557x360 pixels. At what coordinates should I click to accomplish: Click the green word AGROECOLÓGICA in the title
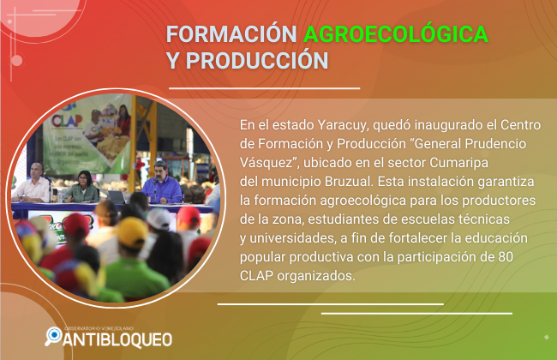[396, 33]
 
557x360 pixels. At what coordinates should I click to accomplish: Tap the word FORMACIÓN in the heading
[231, 34]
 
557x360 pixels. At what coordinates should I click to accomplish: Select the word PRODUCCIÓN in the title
[257, 60]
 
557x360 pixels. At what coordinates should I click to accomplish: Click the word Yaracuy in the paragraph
[343, 125]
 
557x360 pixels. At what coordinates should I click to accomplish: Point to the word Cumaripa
[459, 163]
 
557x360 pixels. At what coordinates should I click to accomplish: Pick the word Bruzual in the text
[349, 182]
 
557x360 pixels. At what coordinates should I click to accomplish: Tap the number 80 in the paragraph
[505, 257]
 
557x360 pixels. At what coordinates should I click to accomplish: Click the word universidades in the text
[292, 238]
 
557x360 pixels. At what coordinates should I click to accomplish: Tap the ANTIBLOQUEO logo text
[117, 339]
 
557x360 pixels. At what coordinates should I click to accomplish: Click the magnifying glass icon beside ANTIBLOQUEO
[53, 336]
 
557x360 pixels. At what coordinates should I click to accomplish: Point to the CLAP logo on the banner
[67, 121]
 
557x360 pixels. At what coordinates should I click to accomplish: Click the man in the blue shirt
[162, 184]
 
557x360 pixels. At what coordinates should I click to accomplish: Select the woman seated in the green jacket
[82, 187]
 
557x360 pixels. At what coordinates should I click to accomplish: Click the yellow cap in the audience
[131, 232]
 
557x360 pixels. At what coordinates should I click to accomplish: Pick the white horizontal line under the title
[264, 88]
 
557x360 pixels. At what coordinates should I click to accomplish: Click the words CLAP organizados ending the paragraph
[297, 276]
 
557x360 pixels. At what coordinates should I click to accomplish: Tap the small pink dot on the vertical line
[16, 60]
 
